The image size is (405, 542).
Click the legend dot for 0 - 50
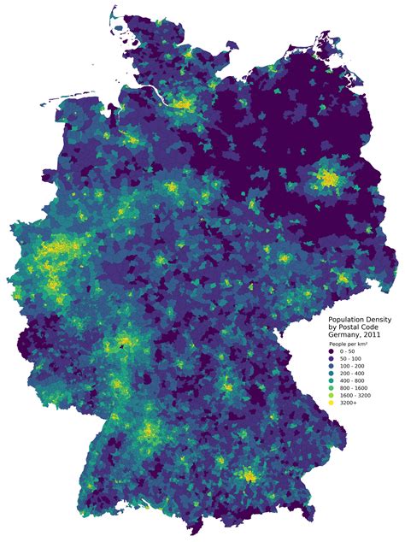pyautogui.click(x=332, y=351)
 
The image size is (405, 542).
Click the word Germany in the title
pyautogui.click(x=346, y=334)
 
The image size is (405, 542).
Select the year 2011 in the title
pyautogui.click(x=373, y=334)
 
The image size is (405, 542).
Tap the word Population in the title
pyautogui.click(x=349, y=319)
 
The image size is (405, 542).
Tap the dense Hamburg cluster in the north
pyautogui.click(x=182, y=104)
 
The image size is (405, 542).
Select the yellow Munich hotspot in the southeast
pyautogui.click(x=249, y=474)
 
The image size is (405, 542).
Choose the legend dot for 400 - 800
pyautogui.click(x=332, y=383)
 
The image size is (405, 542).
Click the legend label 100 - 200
pyautogui.click(x=351, y=367)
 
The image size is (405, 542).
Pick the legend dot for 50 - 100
pyautogui.click(x=332, y=359)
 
